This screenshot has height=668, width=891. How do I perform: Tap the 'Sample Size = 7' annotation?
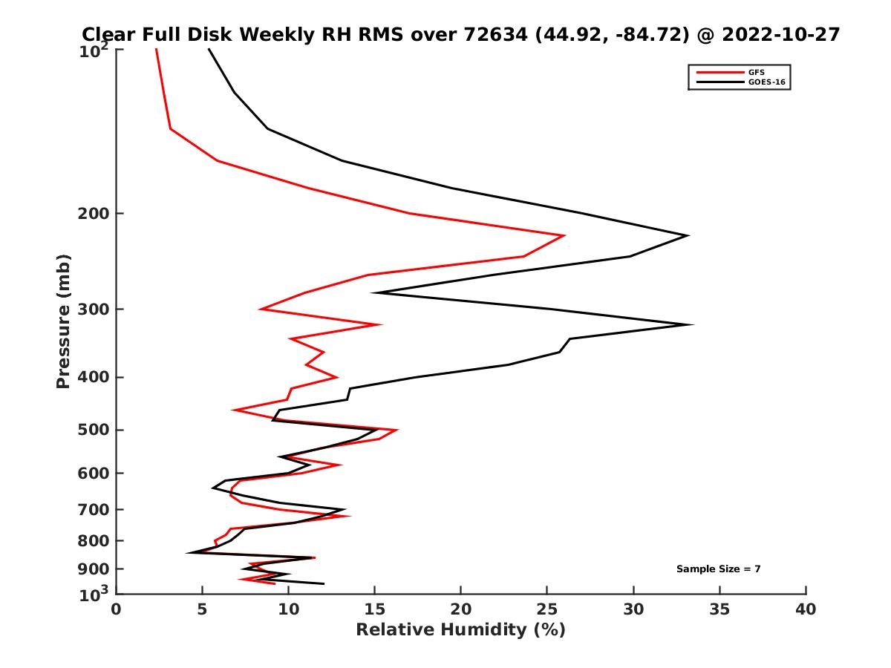coord(718,569)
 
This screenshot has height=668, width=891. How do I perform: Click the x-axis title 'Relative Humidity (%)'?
coord(460,630)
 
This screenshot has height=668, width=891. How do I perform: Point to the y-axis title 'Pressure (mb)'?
coord(63,321)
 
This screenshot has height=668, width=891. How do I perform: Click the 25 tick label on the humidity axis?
coord(547,609)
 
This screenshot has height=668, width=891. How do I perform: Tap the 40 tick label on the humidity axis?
coord(806,609)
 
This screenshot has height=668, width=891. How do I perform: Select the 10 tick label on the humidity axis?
coord(289,609)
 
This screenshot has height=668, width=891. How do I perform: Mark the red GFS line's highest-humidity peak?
coord(564,235)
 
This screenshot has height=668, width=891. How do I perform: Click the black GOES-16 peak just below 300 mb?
coord(692,324)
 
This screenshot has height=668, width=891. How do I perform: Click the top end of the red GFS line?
coord(156,49)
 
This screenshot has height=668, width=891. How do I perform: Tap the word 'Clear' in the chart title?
coord(111,34)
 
